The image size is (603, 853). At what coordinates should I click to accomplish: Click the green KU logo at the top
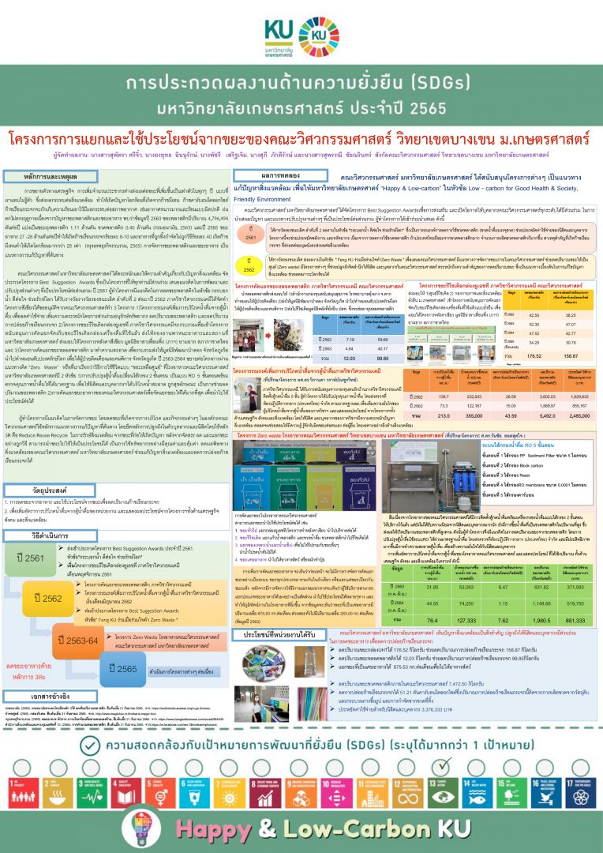[301, 32]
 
